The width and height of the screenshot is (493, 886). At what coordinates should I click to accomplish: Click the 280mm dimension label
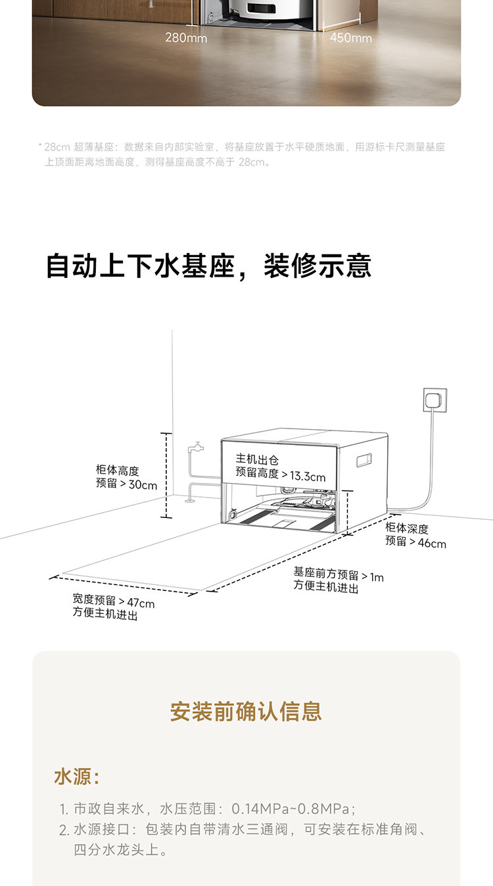[x=186, y=37]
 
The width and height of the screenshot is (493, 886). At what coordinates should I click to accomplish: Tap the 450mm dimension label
[x=350, y=37]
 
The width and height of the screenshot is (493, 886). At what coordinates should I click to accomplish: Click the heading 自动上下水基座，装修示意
[x=209, y=266]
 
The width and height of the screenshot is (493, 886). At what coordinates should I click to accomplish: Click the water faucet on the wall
[x=195, y=449]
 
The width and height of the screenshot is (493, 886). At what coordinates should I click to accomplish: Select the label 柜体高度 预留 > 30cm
[x=127, y=478]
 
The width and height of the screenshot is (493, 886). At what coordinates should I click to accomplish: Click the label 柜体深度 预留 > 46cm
[x=415, y=536]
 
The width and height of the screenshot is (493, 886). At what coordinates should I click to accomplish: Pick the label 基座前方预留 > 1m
[x=338, y=576]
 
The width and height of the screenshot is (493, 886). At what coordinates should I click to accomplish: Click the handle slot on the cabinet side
[x=365, y=460]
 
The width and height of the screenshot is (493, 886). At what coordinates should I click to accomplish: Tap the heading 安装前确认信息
[x=246, y=711]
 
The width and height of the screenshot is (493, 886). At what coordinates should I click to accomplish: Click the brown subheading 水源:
[x=76, y=777]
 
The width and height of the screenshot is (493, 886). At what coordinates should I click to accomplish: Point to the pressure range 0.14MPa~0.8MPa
[x=293, y=809]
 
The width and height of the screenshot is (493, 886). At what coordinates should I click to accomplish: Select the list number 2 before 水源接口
[x=64, y=831]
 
